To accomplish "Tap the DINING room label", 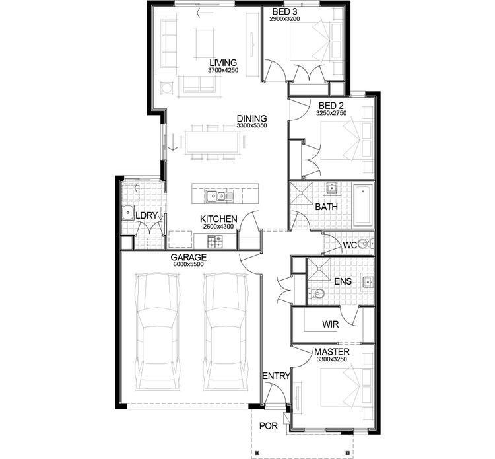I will tap(251, 119).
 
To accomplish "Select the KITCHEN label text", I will tap(219, 219).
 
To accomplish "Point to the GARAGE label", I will tap(189, 257).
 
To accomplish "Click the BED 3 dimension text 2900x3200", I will tap(285, 19).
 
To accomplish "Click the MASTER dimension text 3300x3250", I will tap(332, 360).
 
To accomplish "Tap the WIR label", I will tap(330, 325).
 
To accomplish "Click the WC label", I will tap(349, 246).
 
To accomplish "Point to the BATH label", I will tap(326, 207).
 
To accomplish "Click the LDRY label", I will tap(145, 216).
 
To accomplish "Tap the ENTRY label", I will tap(276, 376).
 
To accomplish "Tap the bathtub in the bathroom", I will tap(363, 204).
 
